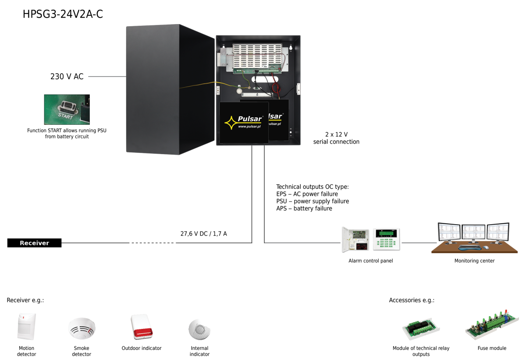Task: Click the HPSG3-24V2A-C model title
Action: pos(63,14)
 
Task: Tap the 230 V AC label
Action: pos(67,77)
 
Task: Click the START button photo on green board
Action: pos(67,109)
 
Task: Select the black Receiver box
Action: pos(34,243)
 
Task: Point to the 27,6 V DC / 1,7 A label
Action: pos(203,234)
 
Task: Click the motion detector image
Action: pos(27,326)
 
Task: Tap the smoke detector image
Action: pos(82,328)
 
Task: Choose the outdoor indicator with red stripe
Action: pos(142,327)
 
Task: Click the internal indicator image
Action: pos(199,329)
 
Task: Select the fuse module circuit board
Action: pos(492,325)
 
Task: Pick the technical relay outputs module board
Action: pos(421,329)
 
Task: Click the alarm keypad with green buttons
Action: pos(386,239)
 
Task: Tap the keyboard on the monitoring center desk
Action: pos(469,247)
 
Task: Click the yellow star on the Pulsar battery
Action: pos(231,123)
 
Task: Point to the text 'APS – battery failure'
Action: pos(304,208)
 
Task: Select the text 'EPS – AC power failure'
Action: pos(307,194)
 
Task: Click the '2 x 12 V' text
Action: pos(336,134)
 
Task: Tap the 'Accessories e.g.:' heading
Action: pos(412,300)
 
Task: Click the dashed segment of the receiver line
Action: pos(153,243)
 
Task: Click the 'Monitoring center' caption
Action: pos(474,261)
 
